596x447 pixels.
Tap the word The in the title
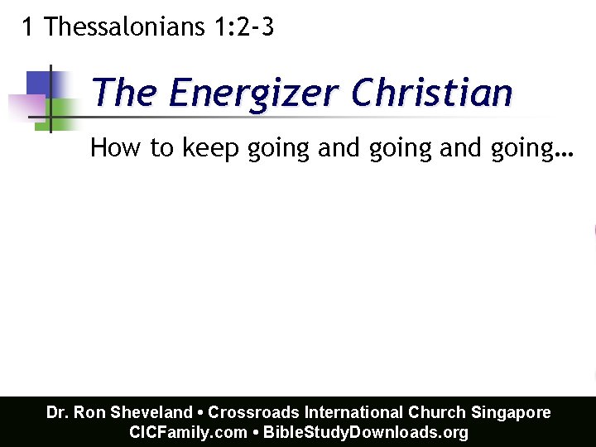[124, 93]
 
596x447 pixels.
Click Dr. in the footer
[57, 412]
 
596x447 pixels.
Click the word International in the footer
[355, 412]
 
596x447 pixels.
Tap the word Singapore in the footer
[511, 412]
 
